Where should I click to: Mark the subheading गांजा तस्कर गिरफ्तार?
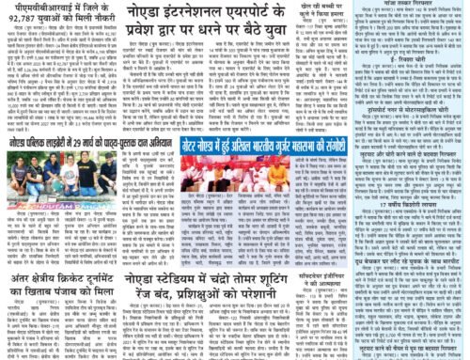tap(415, 4)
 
